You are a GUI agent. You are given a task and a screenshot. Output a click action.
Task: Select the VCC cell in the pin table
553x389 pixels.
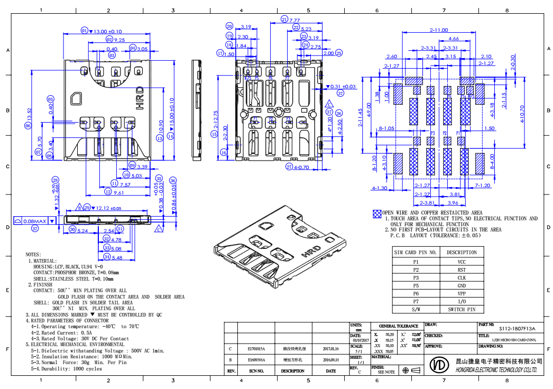[462, 262]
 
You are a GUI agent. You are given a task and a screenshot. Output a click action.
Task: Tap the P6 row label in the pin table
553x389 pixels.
[416, 293]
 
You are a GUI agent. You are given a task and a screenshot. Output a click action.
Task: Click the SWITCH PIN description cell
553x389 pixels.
[462, 309]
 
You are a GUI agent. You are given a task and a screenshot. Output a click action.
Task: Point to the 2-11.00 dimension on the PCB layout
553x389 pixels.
[439, 31]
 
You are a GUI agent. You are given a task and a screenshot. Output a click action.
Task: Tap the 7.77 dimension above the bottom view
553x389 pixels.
[294, 20]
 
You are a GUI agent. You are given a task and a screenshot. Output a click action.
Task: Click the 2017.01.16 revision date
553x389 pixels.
[330, 349]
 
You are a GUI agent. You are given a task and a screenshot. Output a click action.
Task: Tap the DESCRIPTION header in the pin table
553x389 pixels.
[462, 253]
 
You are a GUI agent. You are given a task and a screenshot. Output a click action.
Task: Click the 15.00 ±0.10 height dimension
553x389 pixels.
[171, 111]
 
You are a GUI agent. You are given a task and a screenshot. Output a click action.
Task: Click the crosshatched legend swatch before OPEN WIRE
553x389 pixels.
[377, 214]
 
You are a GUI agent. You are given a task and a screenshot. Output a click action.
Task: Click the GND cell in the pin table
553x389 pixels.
[462, 285]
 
